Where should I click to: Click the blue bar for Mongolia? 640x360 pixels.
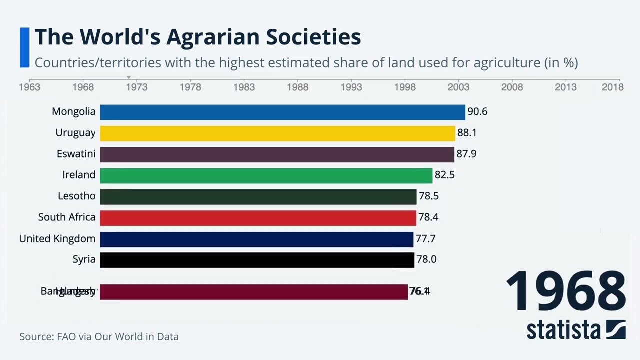click(x=282, y=112)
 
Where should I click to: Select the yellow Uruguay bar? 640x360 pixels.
click(x=277, y=133)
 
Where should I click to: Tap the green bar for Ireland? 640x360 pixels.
click(x=266, y=175)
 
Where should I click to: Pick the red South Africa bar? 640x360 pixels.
click(x=258, y=217)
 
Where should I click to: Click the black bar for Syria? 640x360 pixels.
click(x=257, y=260)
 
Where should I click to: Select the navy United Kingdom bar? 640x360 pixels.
click(x=256, y=239)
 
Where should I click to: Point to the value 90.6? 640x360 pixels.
click(x=477, y=112)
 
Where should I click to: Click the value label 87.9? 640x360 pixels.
click(x=466, y=154)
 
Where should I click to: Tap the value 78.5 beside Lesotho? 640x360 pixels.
click(x=428, y=196)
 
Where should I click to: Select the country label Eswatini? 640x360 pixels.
click(x=76, y=154)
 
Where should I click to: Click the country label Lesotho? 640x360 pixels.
click(x=76, y=196)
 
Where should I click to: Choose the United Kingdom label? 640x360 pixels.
click(x=57, y=239)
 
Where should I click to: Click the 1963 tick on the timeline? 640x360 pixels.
click(x=29, y=87)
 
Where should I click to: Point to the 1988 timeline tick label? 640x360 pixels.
click(x=297, y=87)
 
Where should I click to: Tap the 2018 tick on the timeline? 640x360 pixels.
click(x=612, y=87)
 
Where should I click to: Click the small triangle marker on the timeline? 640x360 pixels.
click(x=129, y=77)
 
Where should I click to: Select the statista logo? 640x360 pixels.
click(x=576, y=330)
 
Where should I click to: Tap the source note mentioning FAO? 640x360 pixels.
click(x=99, y=337)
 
